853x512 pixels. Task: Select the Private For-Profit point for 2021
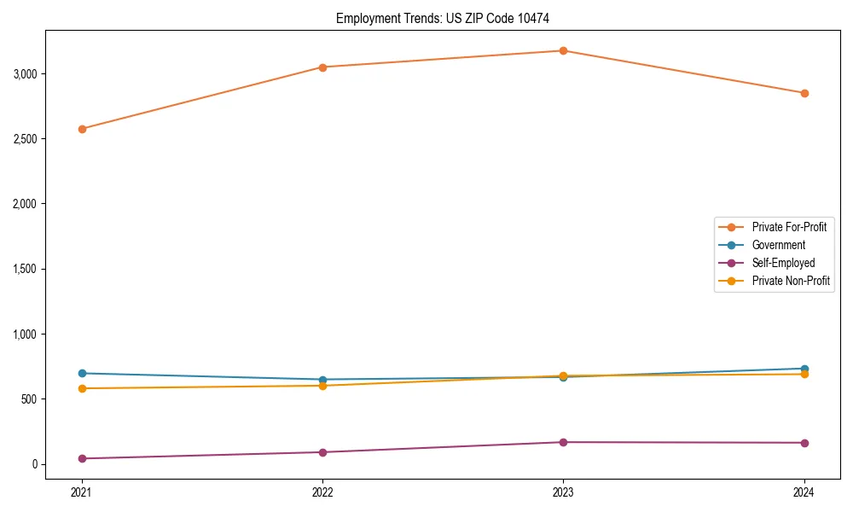tap(82, 129)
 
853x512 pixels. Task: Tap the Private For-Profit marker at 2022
tap(322, 67)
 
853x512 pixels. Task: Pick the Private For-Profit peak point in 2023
tap(563, 50)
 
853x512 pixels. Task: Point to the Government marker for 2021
tap(82, 373)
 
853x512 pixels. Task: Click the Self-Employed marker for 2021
tap(82, 458)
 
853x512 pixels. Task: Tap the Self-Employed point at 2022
tap(322, 452)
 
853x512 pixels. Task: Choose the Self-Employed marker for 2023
tap(563, 442)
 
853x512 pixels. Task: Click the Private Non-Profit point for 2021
tap(82, 388)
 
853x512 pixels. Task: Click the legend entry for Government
tap(778, 245)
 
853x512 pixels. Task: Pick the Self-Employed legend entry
tap(783, 263)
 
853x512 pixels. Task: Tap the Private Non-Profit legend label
tap(791, 281)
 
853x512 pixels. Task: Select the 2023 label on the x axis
tap(563, 492)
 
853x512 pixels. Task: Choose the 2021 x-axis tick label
tap(82, 492)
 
